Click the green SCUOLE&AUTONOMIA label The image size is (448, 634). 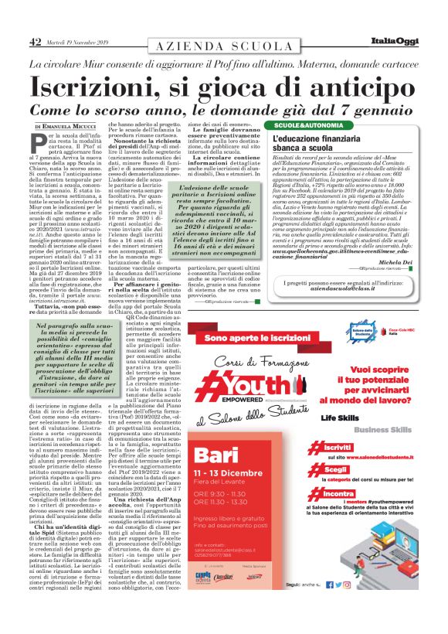pyautogui.click(x=303, y=125)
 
